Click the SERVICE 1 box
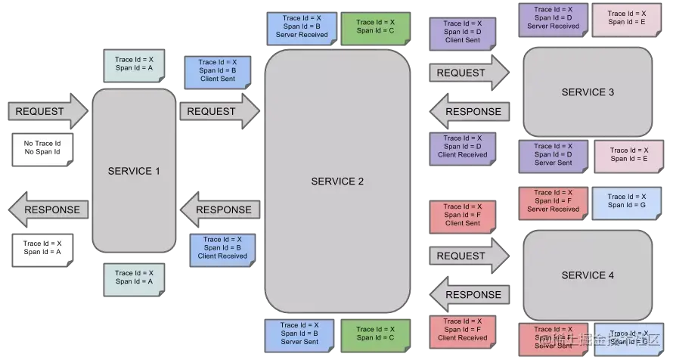click(x=134, y=171)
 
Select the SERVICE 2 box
click(x=337, y=182)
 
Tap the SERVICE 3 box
click(x=588, y=92)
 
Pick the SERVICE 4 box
click(x=588, y=275)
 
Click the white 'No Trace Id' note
click(x=42, y=147)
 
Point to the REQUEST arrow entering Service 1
click(x=47, y=111)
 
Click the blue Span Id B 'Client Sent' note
click(x=218, y=70)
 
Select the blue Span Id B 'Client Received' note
click(x=222, y=248)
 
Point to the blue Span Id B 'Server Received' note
click(x=299, y=26)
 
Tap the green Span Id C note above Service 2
click(x=376, y=26)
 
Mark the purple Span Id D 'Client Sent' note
click(x=462, y=33)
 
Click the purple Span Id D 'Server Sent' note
click(x=553, y=154)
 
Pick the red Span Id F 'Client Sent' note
click(x=462, y=216)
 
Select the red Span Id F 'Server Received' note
click(x=553, y=201)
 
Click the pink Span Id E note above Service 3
click(x=627, y=18)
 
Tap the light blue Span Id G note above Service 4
click(x=627, y=201)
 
